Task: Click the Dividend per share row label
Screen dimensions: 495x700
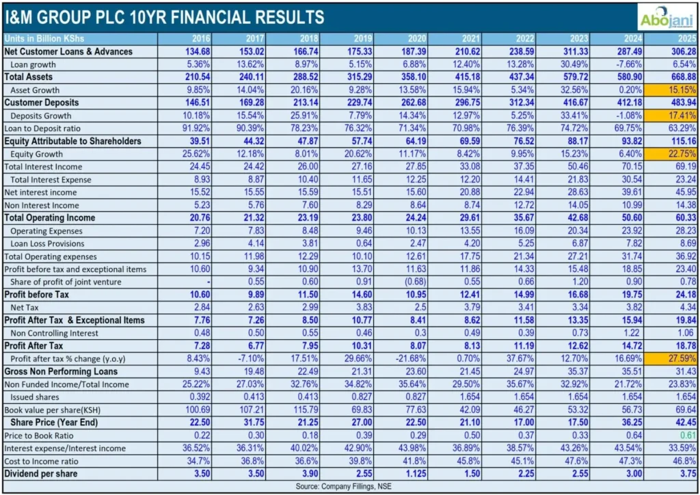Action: tap(40, 473)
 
